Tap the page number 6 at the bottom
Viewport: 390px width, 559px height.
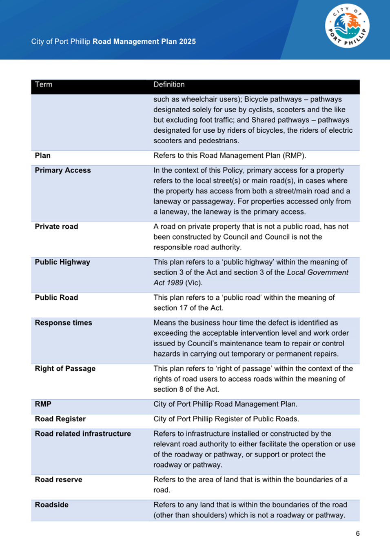pos(358,533)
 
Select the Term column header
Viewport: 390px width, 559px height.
pos(44,85)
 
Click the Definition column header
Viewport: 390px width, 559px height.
pos(169,85)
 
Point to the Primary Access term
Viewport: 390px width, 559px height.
pos(63,170)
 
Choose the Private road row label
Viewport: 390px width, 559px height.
pos(56,227)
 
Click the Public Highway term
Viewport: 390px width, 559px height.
pos(62,262)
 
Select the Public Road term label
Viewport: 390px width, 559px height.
pos(56,298)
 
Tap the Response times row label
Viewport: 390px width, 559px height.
pos(63,323)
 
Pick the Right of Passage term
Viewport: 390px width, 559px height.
pos(65,369)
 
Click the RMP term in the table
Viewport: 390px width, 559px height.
pos(43,404)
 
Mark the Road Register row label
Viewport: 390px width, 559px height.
pos(60,419)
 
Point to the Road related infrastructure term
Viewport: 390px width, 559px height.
pos(83,434)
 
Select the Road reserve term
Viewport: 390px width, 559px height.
pos(58,480)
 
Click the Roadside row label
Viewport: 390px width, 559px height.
pos(51,505)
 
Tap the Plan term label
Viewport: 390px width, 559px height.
pos(42,156)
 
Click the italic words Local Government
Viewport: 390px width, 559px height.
pos(318,272)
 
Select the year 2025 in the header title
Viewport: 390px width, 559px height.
pos(187,42)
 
